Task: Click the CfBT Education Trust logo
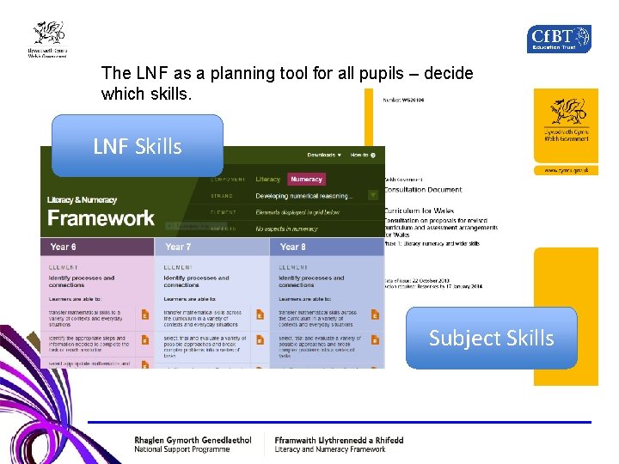tap(559, 39)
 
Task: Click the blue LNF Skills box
tap(138, 146)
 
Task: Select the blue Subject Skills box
tap(491, 338)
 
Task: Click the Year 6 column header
tap(64, 247)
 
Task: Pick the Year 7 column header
tap(179, 247)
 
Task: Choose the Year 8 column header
tap(293, 247)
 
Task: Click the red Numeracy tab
tap(306, 180)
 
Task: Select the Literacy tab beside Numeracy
tap(268, 180)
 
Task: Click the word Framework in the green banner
tap(101, 218)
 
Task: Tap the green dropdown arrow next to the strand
tap(373, 196)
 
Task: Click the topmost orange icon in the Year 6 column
tap(145, 315)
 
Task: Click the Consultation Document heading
tap(422, 190)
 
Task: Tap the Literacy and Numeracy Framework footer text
tap(330, 449)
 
